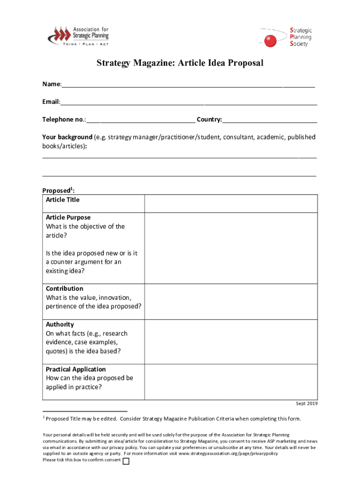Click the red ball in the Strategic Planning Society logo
point(270,41)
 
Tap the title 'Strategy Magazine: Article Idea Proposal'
point(180,63)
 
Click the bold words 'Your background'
point(67,137)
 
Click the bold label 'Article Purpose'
point(68,218)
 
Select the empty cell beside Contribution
point(231,301)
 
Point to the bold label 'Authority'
point(60,324)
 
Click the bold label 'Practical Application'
point(76,369)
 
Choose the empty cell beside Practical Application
point(231,382)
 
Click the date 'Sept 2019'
point(306,403)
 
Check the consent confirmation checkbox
point(126,461)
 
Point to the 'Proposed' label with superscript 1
point(58,190)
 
